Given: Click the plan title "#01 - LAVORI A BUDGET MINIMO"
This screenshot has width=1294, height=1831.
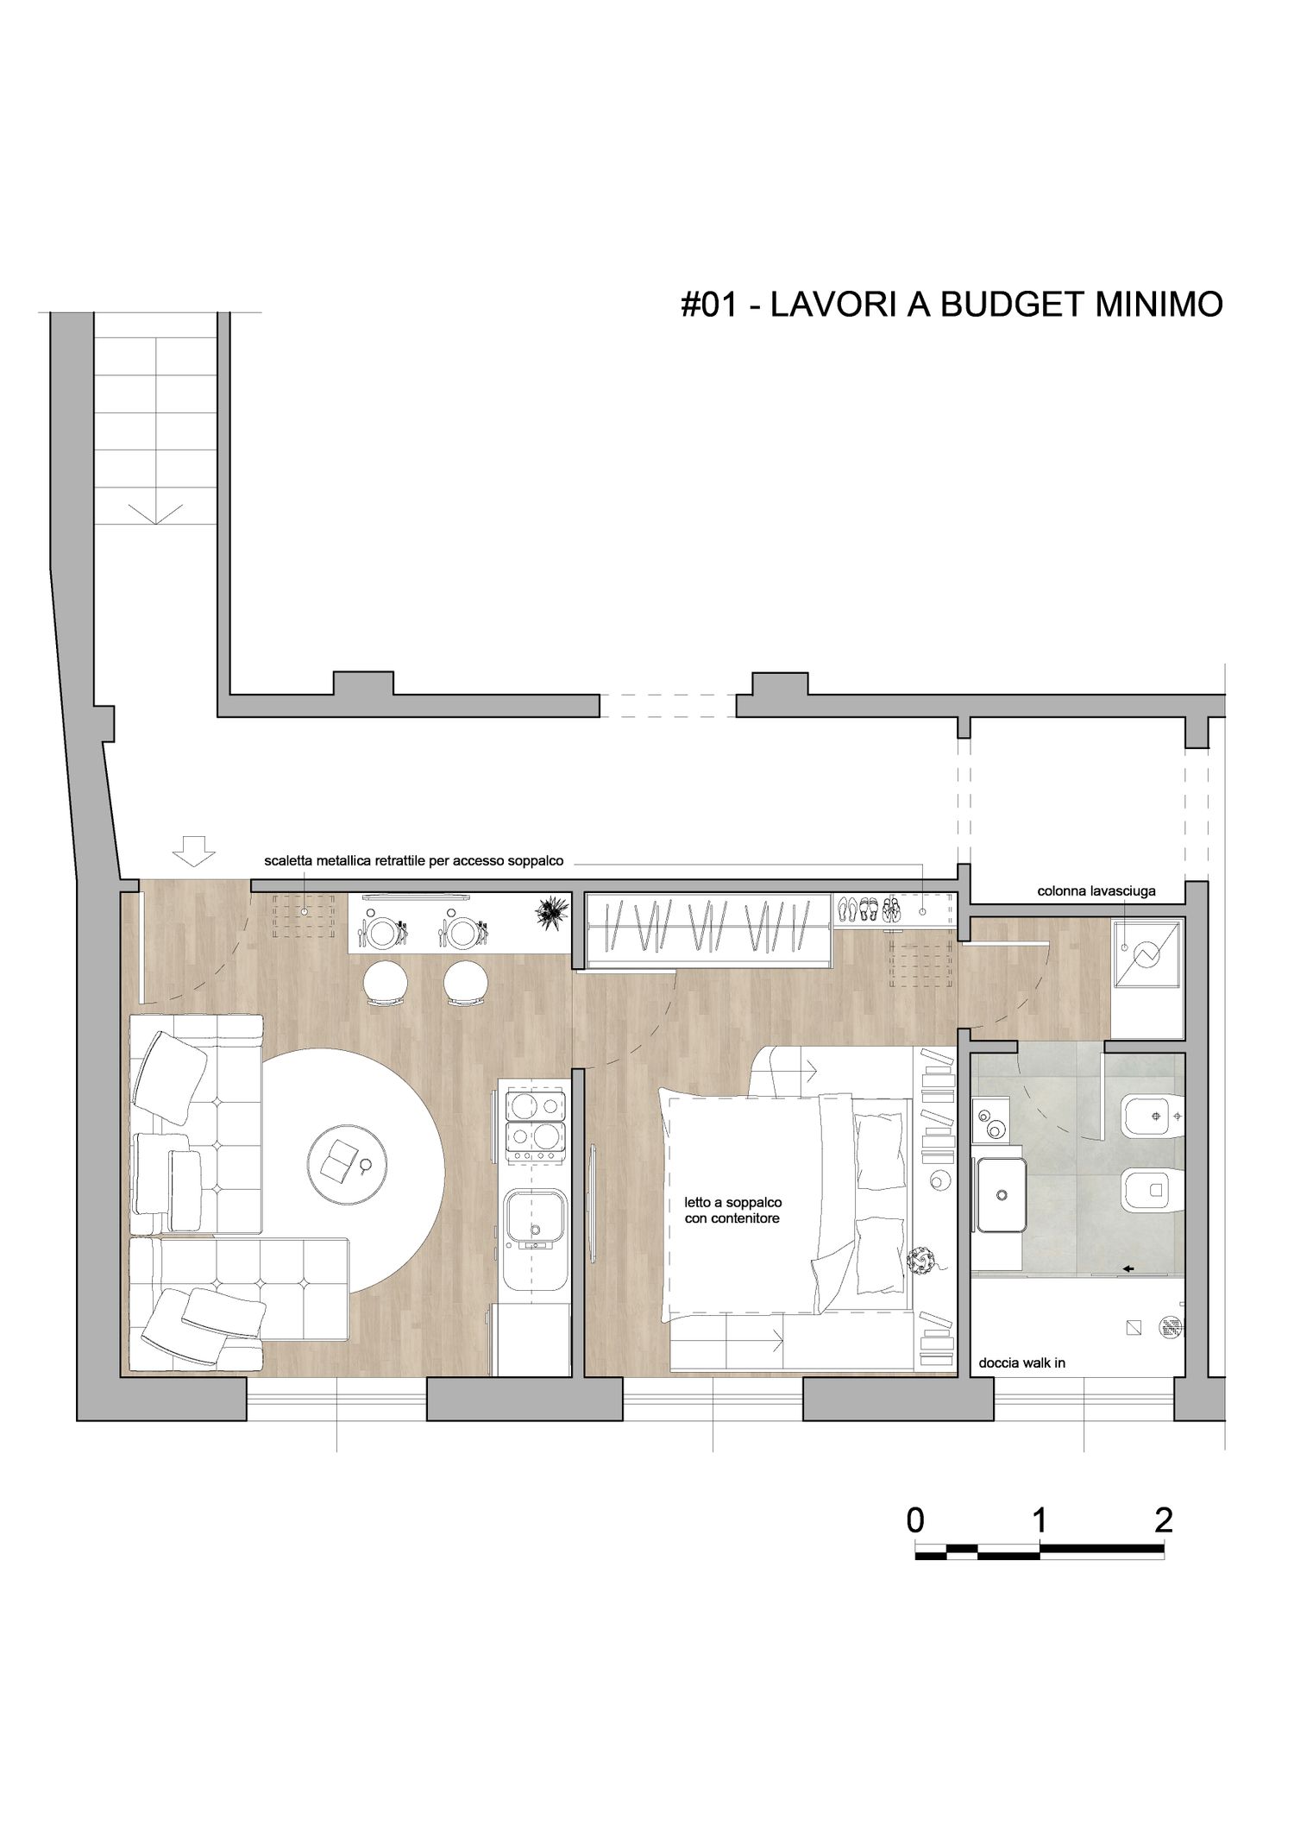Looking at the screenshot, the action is (952, 305).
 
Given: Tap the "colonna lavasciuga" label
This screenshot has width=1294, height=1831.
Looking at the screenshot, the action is (1096, 891).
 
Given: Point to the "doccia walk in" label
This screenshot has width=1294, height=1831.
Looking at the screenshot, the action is (1021, 1363).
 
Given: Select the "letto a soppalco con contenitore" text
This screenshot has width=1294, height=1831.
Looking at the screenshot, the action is (732, 1211).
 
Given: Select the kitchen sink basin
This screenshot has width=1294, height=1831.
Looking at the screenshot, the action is (535, 1218).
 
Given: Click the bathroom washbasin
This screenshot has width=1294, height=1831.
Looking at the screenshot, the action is (1002, 1194).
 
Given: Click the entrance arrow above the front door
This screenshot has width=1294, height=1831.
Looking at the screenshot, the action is (193, 851).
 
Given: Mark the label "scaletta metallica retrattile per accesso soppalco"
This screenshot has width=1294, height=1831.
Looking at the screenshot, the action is (413, 861).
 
